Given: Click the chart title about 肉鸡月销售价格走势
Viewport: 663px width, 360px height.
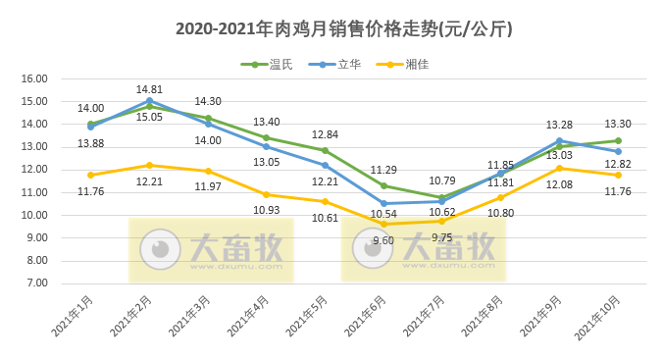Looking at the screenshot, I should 331,29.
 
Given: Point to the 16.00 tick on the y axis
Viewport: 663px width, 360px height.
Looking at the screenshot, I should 34,78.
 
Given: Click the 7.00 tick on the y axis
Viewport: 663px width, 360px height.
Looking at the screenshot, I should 36,283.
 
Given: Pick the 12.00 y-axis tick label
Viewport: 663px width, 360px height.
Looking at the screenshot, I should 34,170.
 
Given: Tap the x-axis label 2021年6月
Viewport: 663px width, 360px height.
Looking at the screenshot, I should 369,315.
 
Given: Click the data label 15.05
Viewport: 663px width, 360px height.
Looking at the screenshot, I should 149,117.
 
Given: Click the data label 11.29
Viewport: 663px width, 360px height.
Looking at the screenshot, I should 383,170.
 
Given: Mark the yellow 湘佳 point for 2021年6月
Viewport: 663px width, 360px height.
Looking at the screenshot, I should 383,225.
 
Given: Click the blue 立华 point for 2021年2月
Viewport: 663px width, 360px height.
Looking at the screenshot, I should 149,100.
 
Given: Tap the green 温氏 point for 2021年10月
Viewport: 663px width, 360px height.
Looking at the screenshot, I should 618,140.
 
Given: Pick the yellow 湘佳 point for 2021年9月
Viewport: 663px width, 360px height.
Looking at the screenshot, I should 560,168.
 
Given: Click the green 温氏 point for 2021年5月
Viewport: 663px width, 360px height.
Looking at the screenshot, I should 325,150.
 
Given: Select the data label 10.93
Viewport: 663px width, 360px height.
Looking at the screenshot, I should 267,210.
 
